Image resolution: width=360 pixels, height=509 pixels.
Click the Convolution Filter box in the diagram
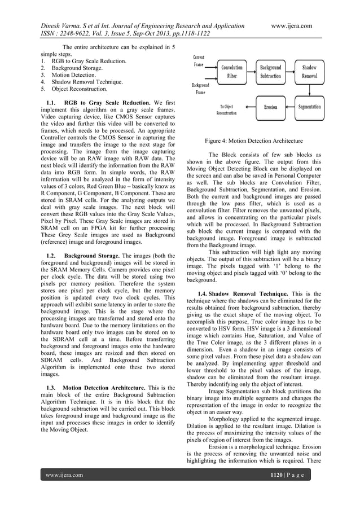click(x=232, y=71)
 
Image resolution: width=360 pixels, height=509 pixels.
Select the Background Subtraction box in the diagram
click(x=271, y=71)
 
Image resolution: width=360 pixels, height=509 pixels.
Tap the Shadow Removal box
click(x=309, y=71)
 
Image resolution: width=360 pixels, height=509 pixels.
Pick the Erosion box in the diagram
click(x=271, y=107)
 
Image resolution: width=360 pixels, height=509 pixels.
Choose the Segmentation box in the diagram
click(x=309, y=107)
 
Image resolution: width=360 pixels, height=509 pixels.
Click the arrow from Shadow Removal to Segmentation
click(x=309, y=90)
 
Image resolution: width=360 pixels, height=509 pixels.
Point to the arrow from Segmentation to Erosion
click(x=291, y=107)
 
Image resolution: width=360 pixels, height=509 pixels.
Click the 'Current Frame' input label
click(x=199, y=61)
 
